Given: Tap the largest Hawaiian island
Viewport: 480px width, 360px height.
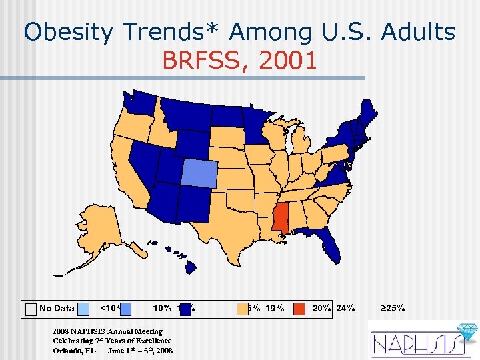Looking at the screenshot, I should (191, 267).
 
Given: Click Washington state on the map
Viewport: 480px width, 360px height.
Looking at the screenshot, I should (142, 103).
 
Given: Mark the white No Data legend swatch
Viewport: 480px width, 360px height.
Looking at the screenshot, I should (31, 309).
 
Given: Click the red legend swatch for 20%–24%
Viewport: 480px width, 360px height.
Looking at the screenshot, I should (300, 309).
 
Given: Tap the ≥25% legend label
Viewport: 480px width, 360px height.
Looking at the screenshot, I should (393, 308).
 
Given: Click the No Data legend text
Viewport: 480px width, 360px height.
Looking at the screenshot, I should (57, 308).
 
